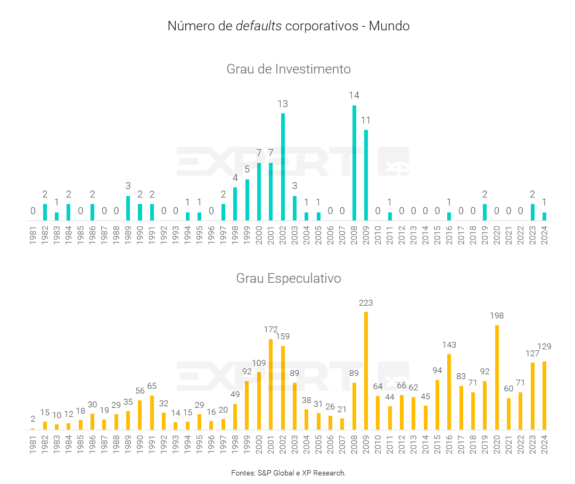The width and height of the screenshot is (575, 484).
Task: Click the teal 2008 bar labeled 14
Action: (354, 163)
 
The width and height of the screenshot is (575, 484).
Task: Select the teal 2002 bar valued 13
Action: (283, 167)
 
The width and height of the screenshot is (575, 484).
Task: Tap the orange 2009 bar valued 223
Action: (366, 371)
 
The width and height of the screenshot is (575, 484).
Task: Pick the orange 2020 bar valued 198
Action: (497, 377)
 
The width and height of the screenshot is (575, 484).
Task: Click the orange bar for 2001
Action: (271, 384)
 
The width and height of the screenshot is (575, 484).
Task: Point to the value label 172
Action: (271, 330)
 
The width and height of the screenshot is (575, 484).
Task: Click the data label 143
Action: (449, 344)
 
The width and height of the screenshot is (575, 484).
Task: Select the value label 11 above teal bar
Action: (366, 120)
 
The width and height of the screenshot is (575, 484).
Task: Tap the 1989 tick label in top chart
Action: (128, 235)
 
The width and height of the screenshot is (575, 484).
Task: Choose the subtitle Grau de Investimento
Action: (289, 69)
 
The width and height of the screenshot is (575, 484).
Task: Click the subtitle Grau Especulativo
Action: (289, 278)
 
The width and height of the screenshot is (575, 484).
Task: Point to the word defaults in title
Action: (259, 26)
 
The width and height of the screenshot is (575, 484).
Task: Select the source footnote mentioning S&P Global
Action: (289, 473)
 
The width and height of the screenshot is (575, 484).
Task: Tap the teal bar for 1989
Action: (128, 208)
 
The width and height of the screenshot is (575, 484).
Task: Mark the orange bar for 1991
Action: (152, 412)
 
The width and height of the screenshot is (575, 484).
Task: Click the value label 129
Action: (544, 347)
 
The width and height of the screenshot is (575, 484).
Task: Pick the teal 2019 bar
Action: (484, 212)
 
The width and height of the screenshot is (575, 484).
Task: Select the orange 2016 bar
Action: (449, 391)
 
